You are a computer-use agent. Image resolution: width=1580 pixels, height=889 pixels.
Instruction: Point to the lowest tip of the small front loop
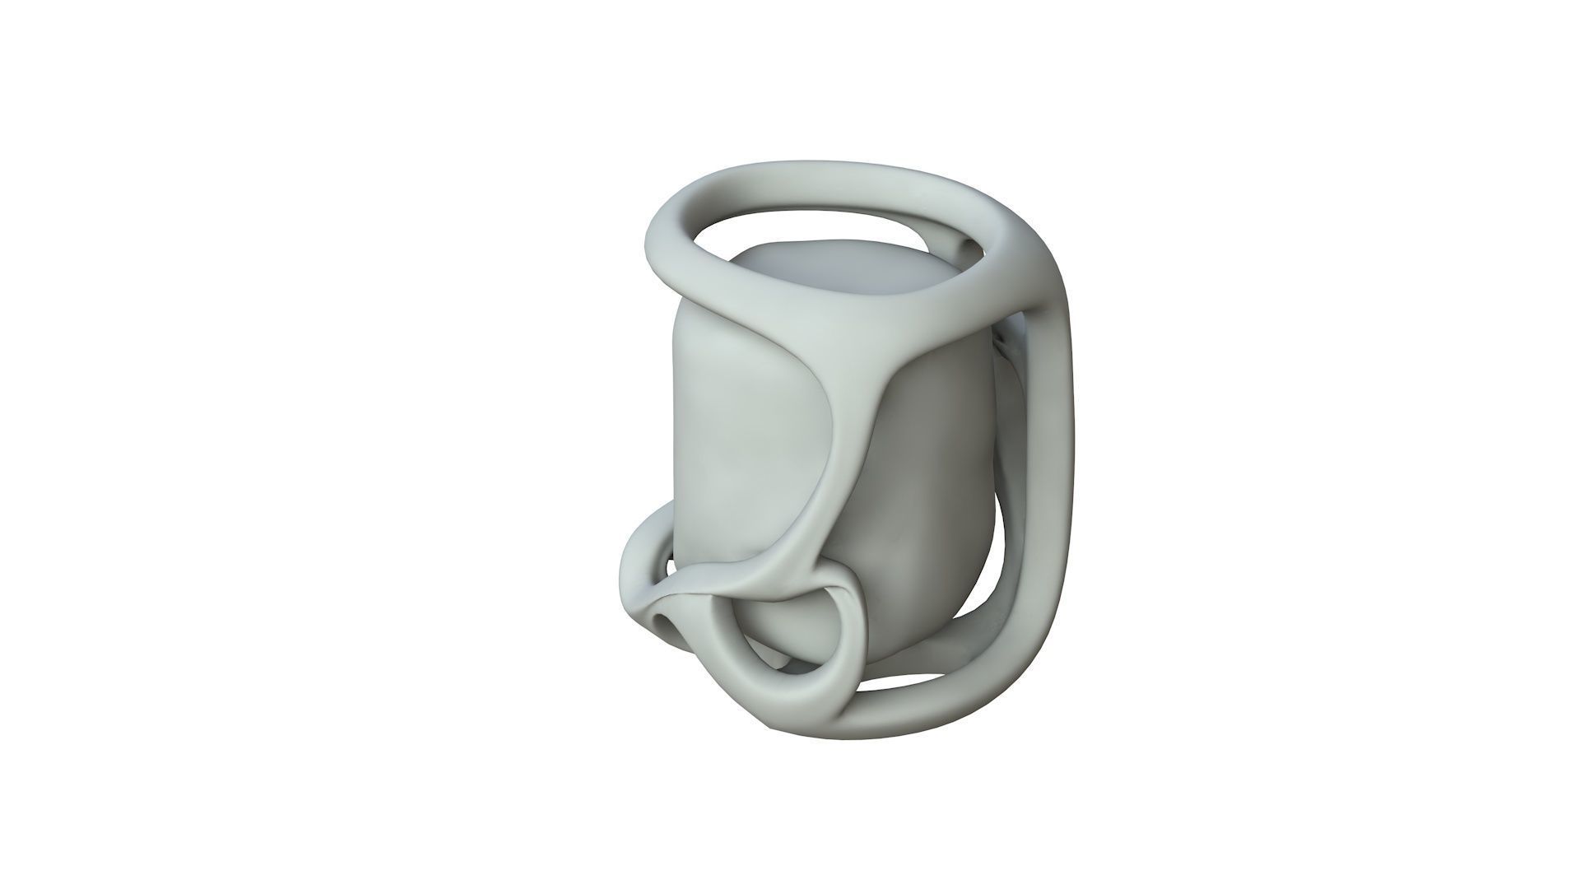pos(790,704)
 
